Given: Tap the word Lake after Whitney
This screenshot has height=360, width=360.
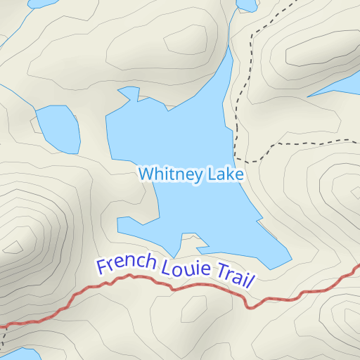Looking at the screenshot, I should [x=224, y=174].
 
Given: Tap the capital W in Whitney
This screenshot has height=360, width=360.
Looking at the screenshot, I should [x=145, y=174].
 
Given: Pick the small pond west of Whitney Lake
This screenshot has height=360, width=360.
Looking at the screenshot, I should [x=57, y=129].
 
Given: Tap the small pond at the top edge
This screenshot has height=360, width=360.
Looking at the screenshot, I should [x=246, y=5].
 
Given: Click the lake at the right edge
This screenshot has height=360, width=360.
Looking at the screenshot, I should [x=345, y=85].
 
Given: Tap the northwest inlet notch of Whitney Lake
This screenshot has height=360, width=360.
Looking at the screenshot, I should [x=129, y=93].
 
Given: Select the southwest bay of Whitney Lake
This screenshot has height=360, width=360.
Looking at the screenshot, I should [x=134, y=226].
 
